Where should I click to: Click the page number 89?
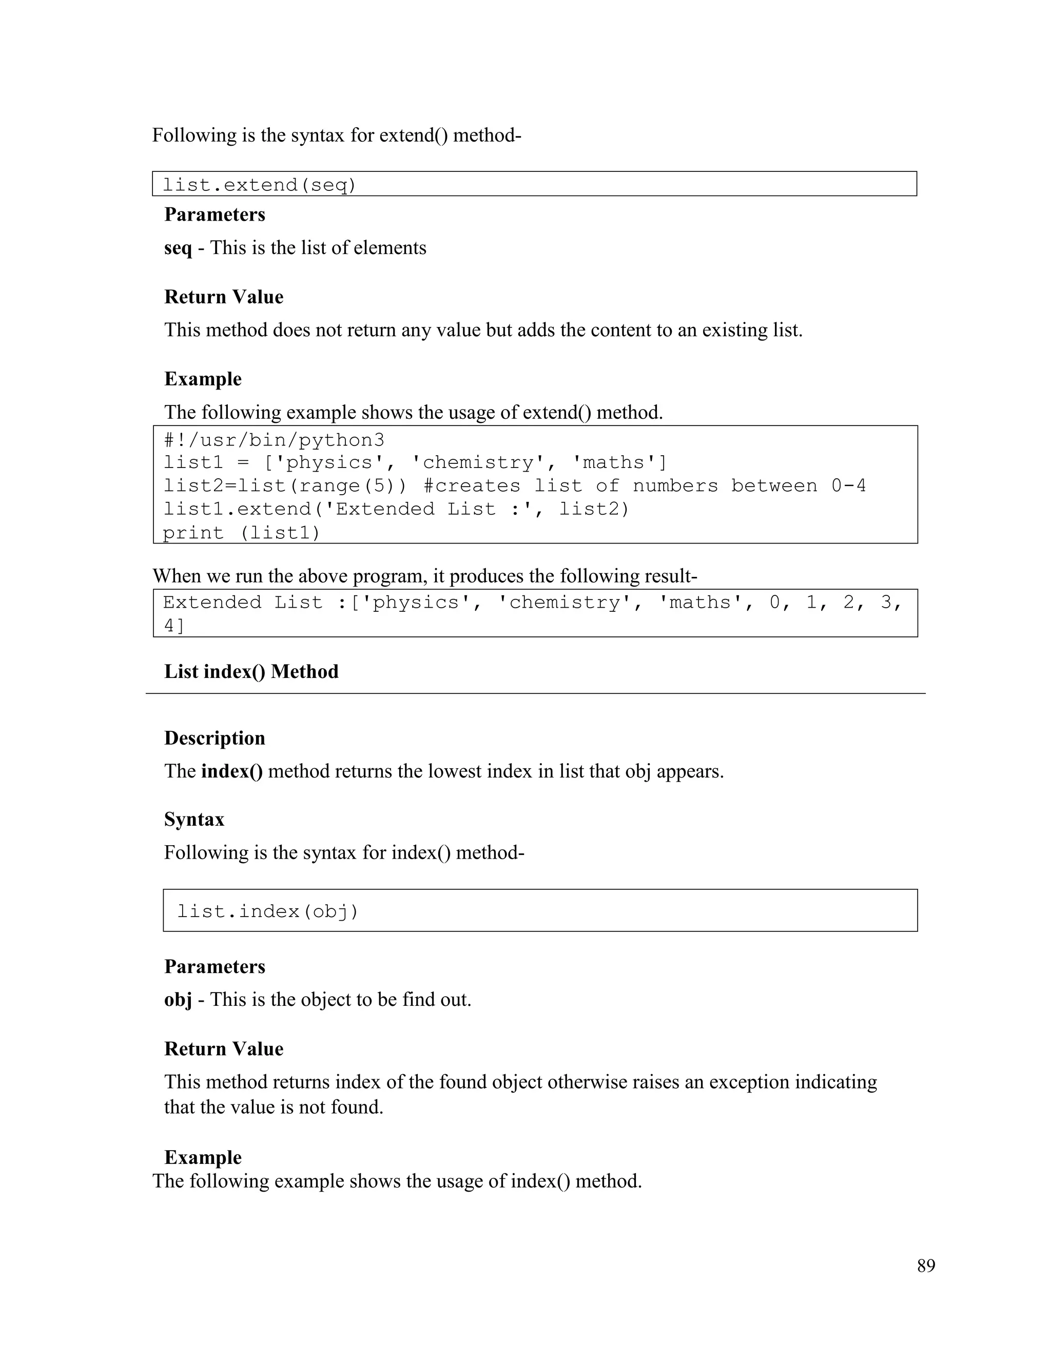pyautogui.click(x=925, y=1266)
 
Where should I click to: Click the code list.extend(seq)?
pyautogui.click(x=259, y=185)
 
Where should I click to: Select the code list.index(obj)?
pyautogui.click(x=268, y=911)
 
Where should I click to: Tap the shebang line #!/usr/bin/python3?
pyautogui.click(x=274, y=440)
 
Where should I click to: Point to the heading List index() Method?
pyautogui.click(x=251, y=671)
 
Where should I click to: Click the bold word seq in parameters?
pyautogui.click(x=178, y=248)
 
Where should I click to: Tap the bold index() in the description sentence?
pyautogui.click(x=231, y=771)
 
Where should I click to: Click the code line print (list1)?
pyautogui.click(x=242, y=533)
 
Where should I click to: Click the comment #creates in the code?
pyautogui.click(x=471, y=485)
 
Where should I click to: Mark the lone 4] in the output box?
pyautogui.click(x=174, y=626)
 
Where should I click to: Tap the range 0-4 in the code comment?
pyautogui.click(x=848, y=485)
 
